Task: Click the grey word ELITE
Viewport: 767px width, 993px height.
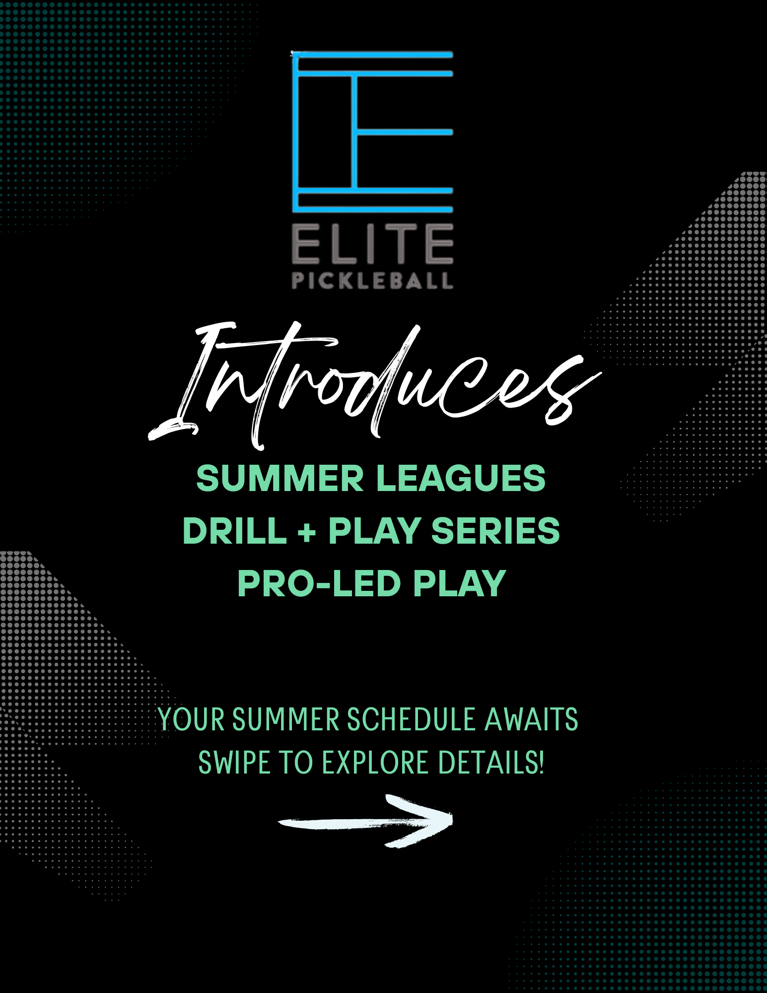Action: pyautogui.click(x=372, y=243)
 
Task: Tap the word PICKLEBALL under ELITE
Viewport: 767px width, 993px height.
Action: pyautogui.click(x=372, y=281)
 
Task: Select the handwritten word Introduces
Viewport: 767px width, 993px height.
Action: pyautogui.click(x=375, y=385)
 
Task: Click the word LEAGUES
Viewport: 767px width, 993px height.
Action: pyautogui.click(x=461, y=478)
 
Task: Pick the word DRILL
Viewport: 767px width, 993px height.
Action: pyautogui.click(x=235, y=531)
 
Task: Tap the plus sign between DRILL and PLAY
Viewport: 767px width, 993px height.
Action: pyautogui.click(x=307, y=532)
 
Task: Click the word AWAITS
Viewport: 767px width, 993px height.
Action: pyautogui.click(x=531, y=719)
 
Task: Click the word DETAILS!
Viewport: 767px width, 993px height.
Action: pyautogui.click(x=491, y=763)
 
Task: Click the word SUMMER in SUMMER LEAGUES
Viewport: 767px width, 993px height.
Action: pyautogui.click(x=280, y=478)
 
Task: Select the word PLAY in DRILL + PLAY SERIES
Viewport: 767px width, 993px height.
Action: pyautogui.click(x=375, y=531)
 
